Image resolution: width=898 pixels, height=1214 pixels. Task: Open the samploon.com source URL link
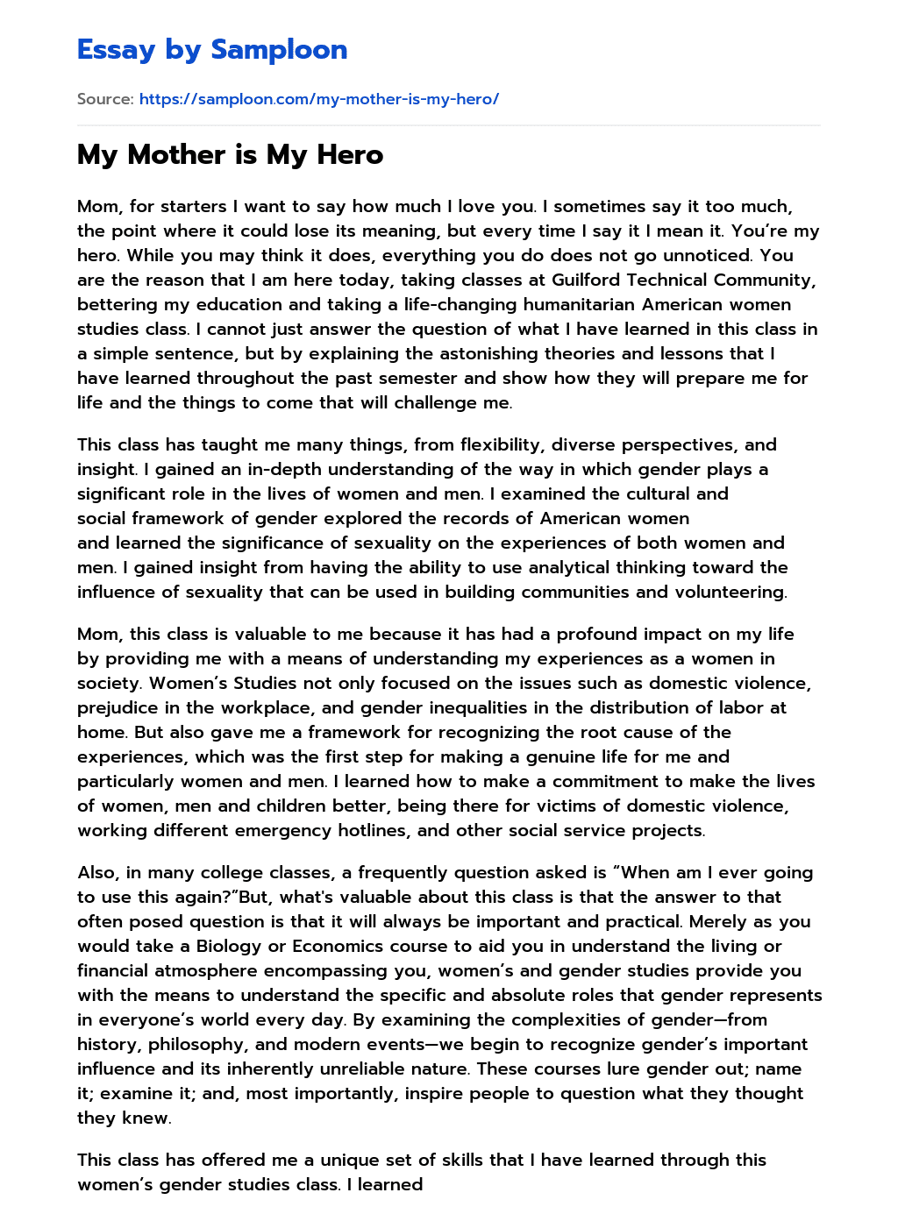(x=318, y=99)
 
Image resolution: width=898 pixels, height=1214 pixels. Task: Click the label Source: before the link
(x=105, y=99)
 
